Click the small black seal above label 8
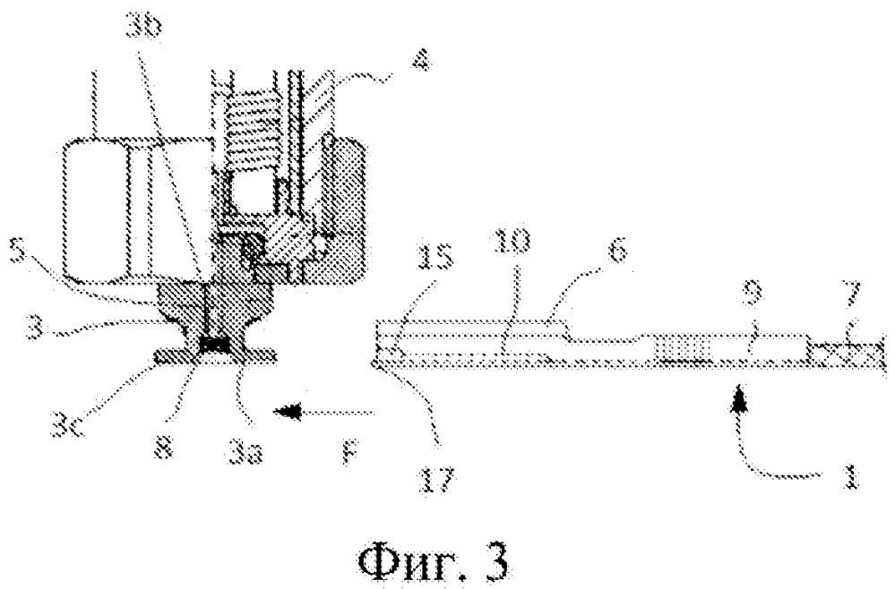pyautogui.click(x=214, y=344)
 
